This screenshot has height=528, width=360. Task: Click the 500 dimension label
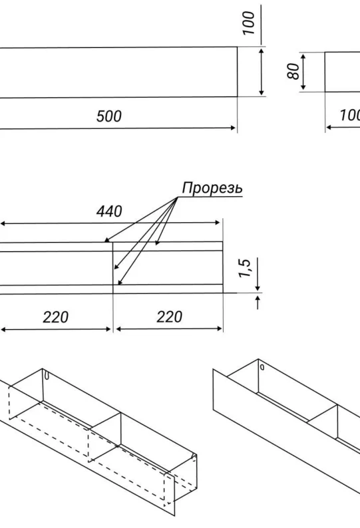[x=109, y=116]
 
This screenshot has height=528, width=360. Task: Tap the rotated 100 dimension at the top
[x=249, y=23]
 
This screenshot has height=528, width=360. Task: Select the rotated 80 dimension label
[x=293, y=71]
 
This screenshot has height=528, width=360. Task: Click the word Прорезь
[x=212, y=188]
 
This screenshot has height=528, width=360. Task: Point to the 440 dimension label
[x=109, y=211]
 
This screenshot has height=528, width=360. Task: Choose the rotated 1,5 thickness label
[x=245, y=269]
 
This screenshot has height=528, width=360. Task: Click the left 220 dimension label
[x=56, y=317]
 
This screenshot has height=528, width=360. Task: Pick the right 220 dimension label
[x=169, y=317]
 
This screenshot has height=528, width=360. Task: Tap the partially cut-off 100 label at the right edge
[x=350, y=116]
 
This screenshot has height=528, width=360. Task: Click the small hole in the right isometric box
[x=262, y=367]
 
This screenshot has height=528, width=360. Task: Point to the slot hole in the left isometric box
[x=47, y=376]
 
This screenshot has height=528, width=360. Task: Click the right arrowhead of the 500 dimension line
[x=232, y=128]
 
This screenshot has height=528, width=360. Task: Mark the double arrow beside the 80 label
[x=303, y=72]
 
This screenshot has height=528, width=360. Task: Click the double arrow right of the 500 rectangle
[x=262, y=72]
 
